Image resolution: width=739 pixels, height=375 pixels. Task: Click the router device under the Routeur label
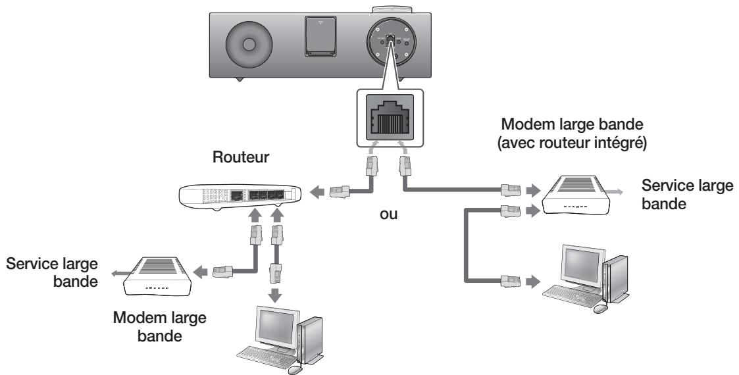click(240, 195)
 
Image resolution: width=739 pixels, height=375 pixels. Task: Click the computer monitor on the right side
click(580, 268)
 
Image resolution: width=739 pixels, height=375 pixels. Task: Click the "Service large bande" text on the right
click(688, 195)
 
